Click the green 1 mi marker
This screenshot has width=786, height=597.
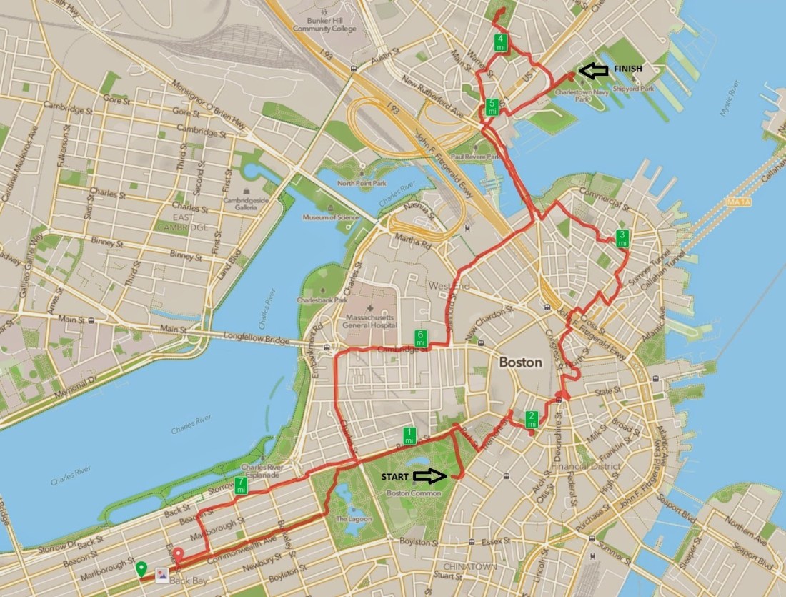[x=409, y=435]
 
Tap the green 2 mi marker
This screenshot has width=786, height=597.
[x=532, y=419]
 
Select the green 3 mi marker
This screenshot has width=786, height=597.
[x=622, y=238]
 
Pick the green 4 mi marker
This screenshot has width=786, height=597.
[x=502, y=41]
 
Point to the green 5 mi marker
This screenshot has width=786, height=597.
[x=492, y=107]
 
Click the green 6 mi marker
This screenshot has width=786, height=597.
[x=421, y=338]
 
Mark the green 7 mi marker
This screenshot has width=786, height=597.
[x=242, y=486]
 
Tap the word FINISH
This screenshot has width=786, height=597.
[x=628, y=69]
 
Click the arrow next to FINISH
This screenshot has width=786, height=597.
[x=592, y=70]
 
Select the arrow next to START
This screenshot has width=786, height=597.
[x=432, y=475]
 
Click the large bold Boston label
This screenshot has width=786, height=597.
[x=520, y=362]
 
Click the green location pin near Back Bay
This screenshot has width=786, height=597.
[x=141, y=568]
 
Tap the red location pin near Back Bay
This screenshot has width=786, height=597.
[x=177, y=554]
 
